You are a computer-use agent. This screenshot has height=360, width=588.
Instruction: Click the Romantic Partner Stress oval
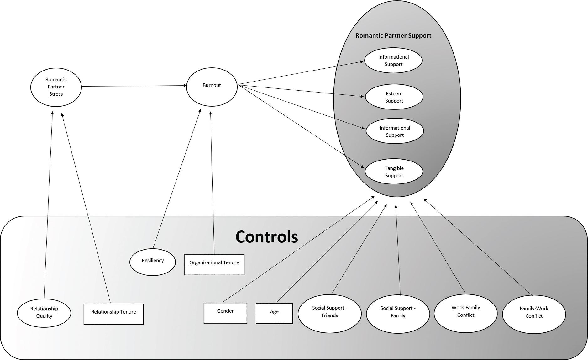[x=56, y=87]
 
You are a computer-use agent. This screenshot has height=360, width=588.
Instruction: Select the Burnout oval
[x=212, y=87]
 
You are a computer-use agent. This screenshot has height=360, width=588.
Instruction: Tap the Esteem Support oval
[x=394, y=97]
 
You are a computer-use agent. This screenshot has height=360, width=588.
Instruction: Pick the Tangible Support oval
[x=394, y=172]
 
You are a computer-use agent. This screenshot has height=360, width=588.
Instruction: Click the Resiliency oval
[x=153, y=262]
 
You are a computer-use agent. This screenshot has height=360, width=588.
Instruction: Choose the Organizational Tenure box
[x=214, y=264]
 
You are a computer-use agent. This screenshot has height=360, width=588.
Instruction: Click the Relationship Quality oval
[x=44, y=312]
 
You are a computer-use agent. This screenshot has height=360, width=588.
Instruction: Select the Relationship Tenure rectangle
[x=113, y=314]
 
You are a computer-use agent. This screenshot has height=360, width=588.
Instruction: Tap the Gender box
[x=225, y=313]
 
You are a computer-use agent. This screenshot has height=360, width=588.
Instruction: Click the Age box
[x=274, y=313]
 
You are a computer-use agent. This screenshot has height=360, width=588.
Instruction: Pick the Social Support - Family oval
[x=398, y=314]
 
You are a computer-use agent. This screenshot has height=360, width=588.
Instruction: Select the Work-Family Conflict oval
[x=465, y=313]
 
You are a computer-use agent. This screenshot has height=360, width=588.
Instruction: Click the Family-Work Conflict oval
[x=534, y=314]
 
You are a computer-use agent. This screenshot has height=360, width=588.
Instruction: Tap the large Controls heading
[x=267, y=237]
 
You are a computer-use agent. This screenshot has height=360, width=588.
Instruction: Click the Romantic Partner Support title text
[x=393, y=35]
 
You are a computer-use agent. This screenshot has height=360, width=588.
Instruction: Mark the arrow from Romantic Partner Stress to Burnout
[x=133, y=86]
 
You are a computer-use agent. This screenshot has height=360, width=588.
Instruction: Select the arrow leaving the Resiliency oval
[x=177, y=179]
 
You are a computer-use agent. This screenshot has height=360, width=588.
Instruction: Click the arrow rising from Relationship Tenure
[x=86, y=207]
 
